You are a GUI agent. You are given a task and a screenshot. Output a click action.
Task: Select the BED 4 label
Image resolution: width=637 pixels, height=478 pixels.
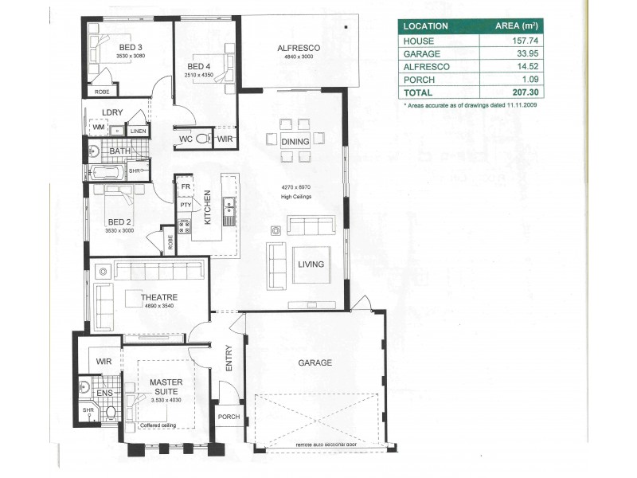[x=198, y=66]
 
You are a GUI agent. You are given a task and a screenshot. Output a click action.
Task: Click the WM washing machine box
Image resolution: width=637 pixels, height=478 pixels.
[x=98, y=127]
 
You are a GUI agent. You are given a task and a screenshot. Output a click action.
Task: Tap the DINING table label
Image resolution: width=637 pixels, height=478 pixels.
[x=295, y=141]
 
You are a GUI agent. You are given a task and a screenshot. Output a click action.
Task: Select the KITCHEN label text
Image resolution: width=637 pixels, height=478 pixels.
[x=207, y=207]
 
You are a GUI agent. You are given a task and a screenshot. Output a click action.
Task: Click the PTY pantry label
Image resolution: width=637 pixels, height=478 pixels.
[x=185, y=205]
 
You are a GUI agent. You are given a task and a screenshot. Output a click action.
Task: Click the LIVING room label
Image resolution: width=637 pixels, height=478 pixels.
[x=311, y=264]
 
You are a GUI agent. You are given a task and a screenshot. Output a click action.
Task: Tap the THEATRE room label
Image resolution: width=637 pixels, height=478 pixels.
[x=158, y=297]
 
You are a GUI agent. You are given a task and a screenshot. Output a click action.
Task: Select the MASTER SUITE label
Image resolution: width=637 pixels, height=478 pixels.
[x=166, y=387]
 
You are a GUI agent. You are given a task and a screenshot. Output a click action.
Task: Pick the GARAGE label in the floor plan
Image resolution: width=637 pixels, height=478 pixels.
[x=315, y=362]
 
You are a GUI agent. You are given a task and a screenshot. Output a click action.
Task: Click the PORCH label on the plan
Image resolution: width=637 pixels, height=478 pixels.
[x=229, y=417]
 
